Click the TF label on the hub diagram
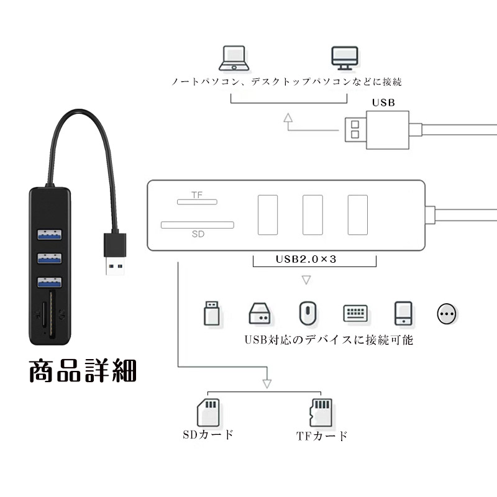(197, 195)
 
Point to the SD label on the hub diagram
(198, 234)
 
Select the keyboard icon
(355, 313)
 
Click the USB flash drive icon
(212, 313)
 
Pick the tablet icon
(403, 313)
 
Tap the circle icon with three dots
(447, 314)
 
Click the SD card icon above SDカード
(207, 412)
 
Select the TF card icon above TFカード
(319, 413)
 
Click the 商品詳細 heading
(83, 371)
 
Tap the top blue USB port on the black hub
(50, 235)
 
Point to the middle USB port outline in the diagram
(312, 214)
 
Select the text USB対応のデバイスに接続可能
(328, 340)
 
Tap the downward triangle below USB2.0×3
(306, 280)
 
